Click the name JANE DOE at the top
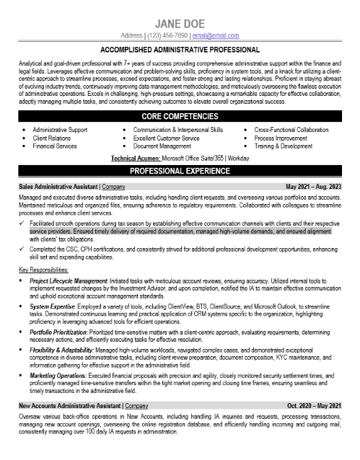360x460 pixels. (x=180, y=21)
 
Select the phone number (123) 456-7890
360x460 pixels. (x=172, y=35)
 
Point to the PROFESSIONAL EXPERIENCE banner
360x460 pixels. (x=180, y=172)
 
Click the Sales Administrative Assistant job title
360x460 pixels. (x=56, y=185)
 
